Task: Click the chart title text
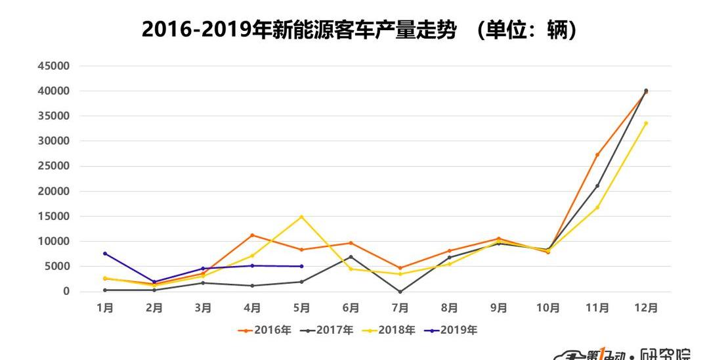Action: (x=360, y=30)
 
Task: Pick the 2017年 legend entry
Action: (x=326, y=330)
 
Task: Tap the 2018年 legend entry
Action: (x=388, y=330)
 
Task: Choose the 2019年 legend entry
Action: (x=450, y=330)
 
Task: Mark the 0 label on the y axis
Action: (x=66, y=292)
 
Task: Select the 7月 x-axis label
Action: (x=400, y=308)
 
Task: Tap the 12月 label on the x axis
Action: (x=646, y=308)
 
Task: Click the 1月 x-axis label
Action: (x=105, y=308)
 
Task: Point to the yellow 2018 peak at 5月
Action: (x=301, y=217)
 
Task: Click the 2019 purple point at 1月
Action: (x=105, y=254)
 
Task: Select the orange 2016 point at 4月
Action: (x=252, y=235)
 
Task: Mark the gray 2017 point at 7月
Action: (x=400, y=292)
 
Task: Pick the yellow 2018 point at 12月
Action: (x=646, y=123)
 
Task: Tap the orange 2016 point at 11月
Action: (x=597, y=154)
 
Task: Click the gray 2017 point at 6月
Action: (x=351, y=257)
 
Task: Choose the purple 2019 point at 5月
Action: (x=301, y=266)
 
